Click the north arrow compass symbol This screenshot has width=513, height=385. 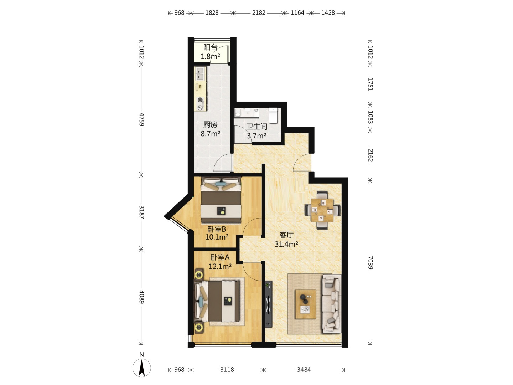click(x=142, y=368)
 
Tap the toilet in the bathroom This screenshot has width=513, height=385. click(x=273, y=115)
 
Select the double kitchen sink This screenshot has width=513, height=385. click(x=200, y=73)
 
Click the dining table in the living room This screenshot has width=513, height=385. click(x=322, y=210)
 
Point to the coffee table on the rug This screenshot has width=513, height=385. click(x=305, y=304)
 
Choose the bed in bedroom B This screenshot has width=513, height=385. click(x=221, y=200)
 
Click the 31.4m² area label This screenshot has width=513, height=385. click(x=286, y=244)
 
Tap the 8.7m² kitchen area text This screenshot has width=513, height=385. click(x=210, y=134)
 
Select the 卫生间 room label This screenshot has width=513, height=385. click(x=256, y=127)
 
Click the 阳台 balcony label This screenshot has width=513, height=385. click(x=210, y=47)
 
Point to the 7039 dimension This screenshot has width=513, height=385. click(x=370, y=263)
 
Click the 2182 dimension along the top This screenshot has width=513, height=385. click(x=259, y=12)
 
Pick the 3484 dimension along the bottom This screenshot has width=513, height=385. click(x=304, y=370)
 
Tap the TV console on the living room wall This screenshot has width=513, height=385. click(x=269, y=304)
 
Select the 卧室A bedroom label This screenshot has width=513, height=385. click(x=220, y=257)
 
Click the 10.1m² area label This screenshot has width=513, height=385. click(x=217, y=237)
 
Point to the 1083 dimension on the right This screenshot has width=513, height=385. click(x=370, y=117)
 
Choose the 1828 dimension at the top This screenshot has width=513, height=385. click(x=212, y=12)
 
